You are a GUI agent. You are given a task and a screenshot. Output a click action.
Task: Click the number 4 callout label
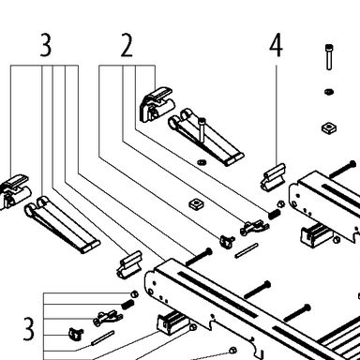(x=276, y=45)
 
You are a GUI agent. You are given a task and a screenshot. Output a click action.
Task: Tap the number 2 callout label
(x=127, y=46)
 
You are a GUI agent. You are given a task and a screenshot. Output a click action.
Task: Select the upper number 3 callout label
(x=46, y=45)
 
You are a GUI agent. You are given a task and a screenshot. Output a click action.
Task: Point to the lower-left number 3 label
(x=29, y=329)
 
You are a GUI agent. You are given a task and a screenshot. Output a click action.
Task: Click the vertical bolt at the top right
(x=329, y=57)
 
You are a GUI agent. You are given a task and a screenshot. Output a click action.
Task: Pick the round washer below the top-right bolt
(x=329, y=92)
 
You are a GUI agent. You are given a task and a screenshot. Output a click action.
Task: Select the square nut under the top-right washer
(x=328, y=127)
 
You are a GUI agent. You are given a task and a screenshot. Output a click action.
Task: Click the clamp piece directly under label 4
(x=273, y=177)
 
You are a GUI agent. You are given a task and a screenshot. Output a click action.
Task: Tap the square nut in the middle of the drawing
(x=197, y=204)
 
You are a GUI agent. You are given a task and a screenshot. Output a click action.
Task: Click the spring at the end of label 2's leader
(x=274, y=214)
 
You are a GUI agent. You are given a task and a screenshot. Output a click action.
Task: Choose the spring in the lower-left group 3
(x=127, y=305)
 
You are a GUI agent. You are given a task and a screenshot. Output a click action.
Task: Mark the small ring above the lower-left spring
(x=134, y=294)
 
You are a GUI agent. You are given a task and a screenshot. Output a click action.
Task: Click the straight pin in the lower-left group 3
(x=102, y=338)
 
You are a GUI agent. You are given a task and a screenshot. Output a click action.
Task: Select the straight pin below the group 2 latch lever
(x=247, y=250)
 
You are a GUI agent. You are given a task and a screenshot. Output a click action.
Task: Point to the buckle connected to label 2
(x=156, y=103)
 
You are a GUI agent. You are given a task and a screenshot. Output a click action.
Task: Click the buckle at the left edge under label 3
(x=15, y=191)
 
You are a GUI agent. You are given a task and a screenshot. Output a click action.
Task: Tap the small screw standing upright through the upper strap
(x=202, y=130)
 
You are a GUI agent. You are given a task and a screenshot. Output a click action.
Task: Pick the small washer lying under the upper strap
(x=201, y=162)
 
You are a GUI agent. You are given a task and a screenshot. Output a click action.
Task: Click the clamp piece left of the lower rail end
(x=129, y=264)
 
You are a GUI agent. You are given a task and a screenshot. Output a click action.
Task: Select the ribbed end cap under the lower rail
(x=172, y=323)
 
